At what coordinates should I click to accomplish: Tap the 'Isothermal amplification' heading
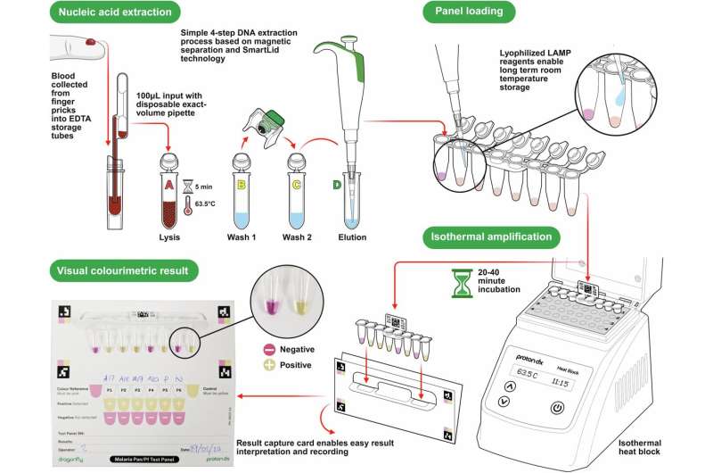coord(488,237)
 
